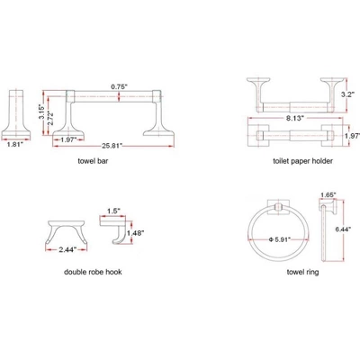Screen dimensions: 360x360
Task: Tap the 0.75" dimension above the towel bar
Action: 121,86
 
